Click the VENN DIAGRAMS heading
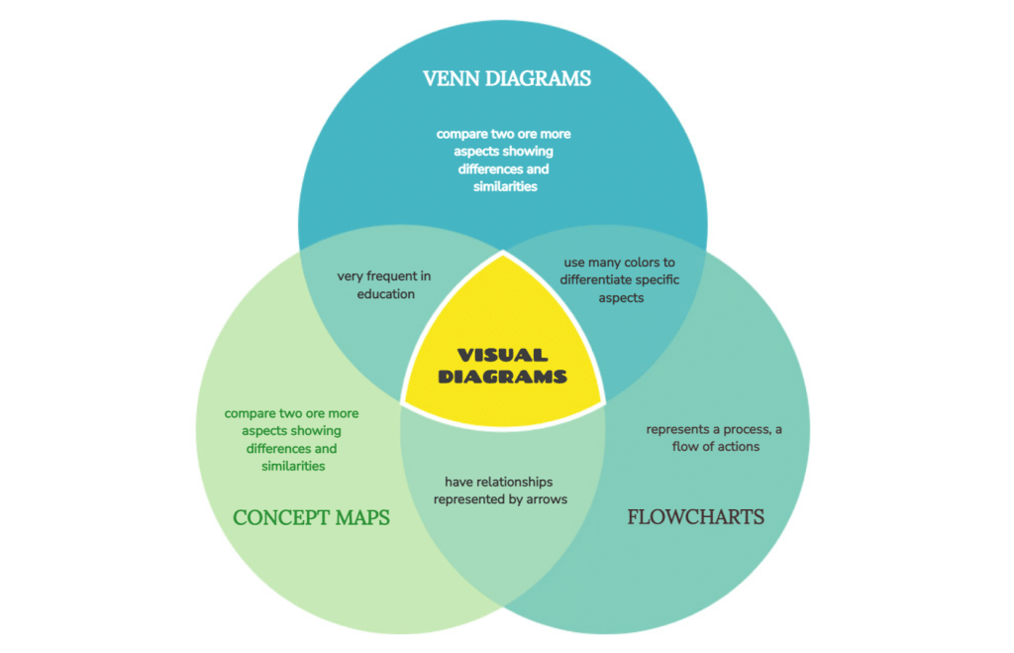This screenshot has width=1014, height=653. pos(506,78)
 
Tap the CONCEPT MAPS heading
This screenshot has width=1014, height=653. pos(311,517)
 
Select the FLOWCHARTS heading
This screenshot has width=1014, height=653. pos(695,516)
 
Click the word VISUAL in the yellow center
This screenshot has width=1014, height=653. pos(503,355)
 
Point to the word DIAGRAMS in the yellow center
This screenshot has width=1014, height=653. pos(503,377)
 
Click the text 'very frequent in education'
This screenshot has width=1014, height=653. pos(383,285)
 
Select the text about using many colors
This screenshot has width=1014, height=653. pos(620,279)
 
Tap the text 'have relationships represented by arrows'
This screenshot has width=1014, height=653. pos(500,490)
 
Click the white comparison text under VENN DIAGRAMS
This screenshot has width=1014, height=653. pos(504,160)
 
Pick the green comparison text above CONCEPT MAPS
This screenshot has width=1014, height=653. pos(292,439)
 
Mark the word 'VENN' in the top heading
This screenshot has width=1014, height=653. pos(452,78)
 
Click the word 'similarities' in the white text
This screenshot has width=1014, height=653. pos(504,186)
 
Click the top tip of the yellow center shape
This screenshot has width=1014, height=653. pos(503,254)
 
